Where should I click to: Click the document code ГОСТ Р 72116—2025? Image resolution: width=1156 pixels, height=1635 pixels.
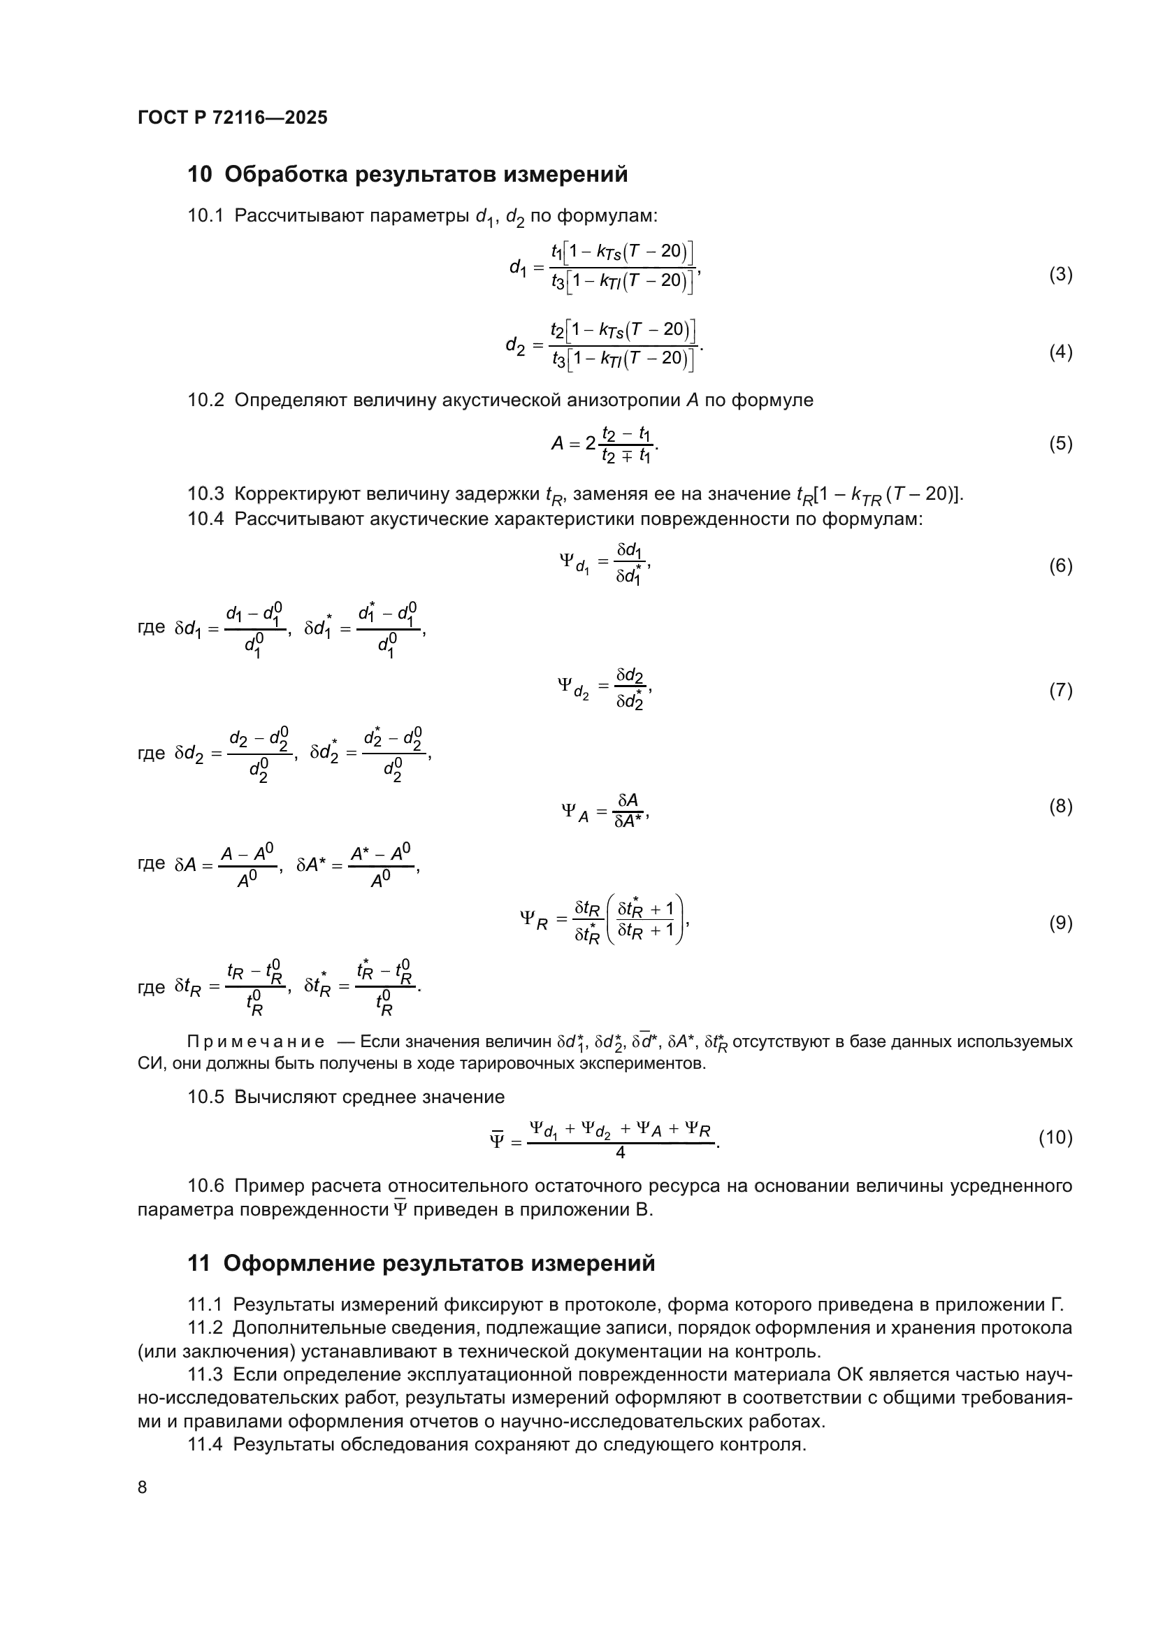coord(232,117)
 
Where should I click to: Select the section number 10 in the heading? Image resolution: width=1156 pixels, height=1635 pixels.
coord(200,175)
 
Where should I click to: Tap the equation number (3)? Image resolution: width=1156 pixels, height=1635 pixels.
coord(1061,274)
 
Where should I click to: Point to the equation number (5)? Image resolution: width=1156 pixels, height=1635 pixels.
coord(1061,444)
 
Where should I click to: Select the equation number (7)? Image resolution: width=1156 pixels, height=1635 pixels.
coord(1061,690)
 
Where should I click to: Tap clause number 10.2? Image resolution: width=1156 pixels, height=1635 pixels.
coord(205,401)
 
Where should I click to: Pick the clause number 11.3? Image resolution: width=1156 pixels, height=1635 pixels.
coord(205,1374)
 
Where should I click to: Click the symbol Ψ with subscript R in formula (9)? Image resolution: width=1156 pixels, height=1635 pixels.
coord(533,919)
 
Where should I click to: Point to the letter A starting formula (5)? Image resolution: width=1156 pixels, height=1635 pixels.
coord(557,444)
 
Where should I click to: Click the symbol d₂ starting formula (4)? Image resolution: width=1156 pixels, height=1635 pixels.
coord(515,345)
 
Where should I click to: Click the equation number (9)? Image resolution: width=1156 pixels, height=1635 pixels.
coord(1061,923)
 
